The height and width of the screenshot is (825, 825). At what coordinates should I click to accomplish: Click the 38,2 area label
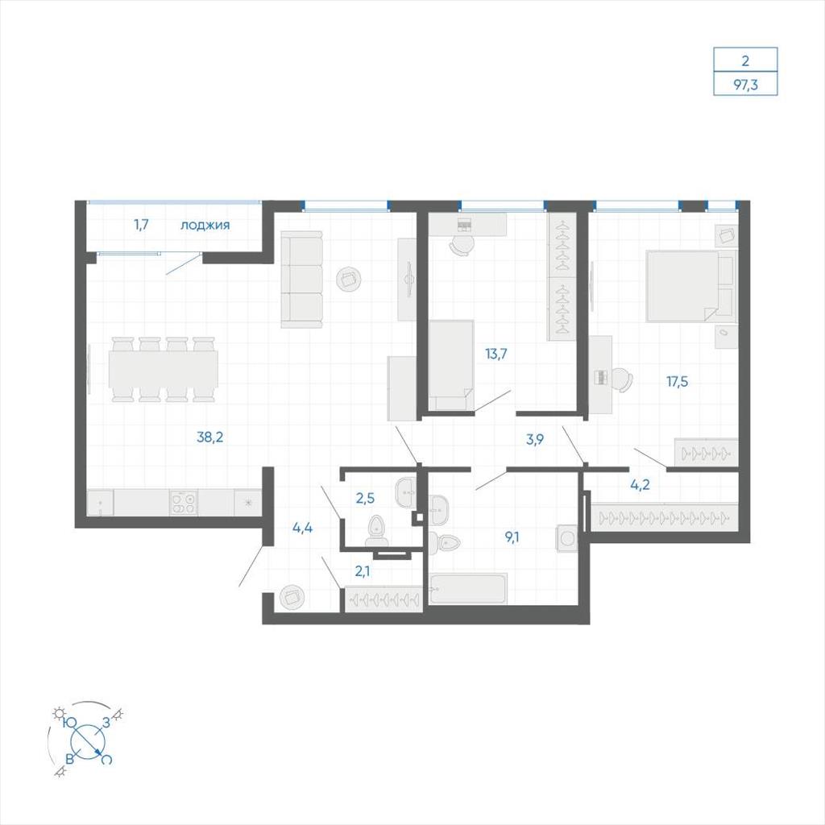tap(210, 437)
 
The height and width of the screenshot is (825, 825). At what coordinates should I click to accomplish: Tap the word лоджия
tap(205, 226)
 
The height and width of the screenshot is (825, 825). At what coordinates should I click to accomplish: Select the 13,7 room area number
tap(496, 354)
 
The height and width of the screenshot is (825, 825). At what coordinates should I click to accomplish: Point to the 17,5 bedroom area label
tap(677, 382)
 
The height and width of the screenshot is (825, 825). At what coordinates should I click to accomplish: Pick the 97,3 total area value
tap(745, 85)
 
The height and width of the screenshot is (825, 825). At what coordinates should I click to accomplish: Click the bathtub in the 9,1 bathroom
tap(468, 589)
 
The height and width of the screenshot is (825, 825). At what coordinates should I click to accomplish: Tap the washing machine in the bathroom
tap(566, 537)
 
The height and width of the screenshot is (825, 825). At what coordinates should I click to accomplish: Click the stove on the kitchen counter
tap(184, 503)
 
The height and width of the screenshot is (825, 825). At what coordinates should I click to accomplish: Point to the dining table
tap(164, 369)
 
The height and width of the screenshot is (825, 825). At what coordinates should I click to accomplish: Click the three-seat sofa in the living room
tap(301, 280)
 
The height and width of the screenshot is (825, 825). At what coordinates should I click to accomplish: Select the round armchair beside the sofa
tap(348, 278)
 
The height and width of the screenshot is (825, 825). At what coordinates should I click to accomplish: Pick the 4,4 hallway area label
tap(303, 527)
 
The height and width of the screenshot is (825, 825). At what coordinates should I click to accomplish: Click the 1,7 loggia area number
tap(142, 225)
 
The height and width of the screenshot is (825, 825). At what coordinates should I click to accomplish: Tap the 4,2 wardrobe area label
tap(640, 484)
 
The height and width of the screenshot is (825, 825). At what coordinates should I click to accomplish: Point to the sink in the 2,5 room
tap(404, 492)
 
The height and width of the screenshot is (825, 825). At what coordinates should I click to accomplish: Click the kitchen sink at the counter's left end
tap(100, 503)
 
